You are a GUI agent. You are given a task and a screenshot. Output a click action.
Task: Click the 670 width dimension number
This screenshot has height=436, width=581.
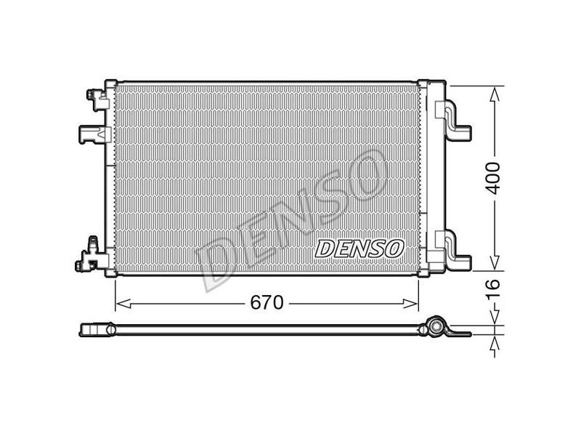point(267,303)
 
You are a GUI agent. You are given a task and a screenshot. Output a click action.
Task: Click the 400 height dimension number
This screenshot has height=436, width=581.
point(493,178)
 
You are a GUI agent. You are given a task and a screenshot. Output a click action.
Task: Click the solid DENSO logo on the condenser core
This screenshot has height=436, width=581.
point(359,249)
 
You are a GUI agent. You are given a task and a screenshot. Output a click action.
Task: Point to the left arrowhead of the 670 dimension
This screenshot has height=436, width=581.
point(123,304)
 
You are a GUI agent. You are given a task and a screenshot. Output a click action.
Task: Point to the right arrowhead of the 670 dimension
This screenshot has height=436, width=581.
point(410,304)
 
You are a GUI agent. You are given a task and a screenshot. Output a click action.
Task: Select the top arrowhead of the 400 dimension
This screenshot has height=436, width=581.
point(495,94)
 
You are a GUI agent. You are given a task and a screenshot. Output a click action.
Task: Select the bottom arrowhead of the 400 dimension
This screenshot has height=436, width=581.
point(495,263)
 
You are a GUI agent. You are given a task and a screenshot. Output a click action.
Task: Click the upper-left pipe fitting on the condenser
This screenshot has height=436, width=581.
point(97,100)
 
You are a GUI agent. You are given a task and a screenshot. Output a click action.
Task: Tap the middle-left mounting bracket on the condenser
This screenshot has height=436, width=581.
point(94,134)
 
